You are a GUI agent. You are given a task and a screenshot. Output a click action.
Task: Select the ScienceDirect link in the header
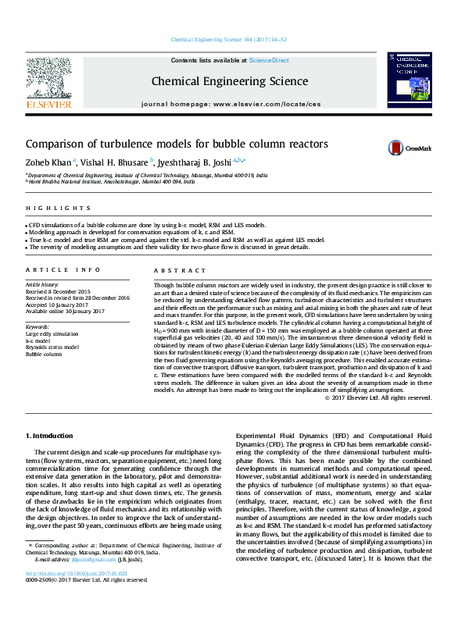[x=269, y=60]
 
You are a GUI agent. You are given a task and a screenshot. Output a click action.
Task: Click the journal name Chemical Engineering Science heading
[x=230, y=80]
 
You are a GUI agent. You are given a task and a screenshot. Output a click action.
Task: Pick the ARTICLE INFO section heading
[x=63, y=269]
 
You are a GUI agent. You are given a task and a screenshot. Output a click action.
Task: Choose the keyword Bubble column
[x=44, y=354]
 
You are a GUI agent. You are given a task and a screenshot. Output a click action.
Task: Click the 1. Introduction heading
[x=51, y=434]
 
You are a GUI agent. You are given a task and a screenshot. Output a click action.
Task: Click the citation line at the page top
[x=228, y=40]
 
